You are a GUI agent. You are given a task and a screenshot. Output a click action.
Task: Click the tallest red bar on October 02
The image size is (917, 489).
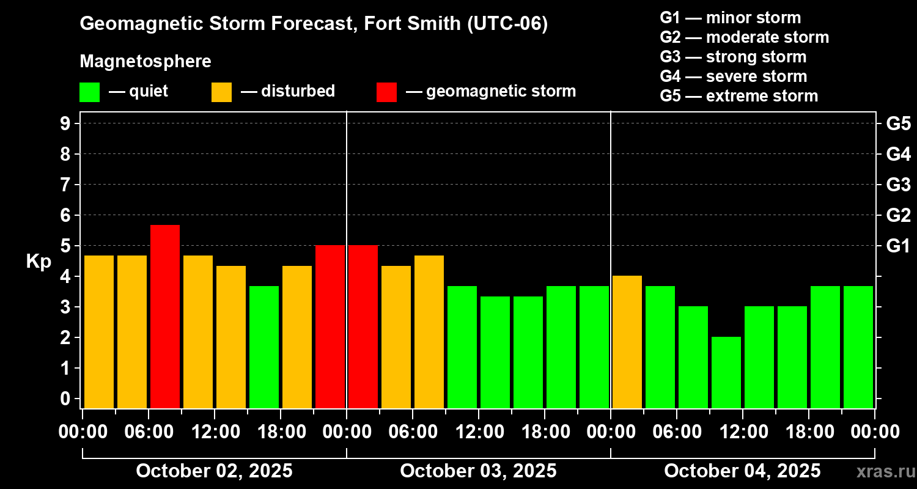165,317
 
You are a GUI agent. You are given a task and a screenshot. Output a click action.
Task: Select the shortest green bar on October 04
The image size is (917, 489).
726,372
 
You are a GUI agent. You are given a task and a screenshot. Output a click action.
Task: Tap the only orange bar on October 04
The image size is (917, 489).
627,342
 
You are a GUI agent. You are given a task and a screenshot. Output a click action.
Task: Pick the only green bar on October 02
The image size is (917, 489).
264,347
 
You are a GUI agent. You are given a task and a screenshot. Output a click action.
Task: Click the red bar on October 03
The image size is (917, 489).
363,326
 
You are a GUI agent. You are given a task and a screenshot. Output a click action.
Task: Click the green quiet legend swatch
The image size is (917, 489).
89,92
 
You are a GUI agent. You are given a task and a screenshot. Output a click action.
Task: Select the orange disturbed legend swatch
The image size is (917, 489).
221,92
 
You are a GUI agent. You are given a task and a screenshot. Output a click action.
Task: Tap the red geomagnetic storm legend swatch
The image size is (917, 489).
386,92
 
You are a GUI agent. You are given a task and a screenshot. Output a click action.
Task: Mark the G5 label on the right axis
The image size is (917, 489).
898,124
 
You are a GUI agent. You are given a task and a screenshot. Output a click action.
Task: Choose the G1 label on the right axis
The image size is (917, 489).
898,246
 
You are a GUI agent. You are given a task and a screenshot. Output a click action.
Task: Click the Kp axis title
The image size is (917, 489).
39,262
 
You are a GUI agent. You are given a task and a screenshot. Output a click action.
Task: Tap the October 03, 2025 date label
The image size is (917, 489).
478,471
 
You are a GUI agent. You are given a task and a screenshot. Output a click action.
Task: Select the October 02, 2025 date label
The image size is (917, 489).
214,471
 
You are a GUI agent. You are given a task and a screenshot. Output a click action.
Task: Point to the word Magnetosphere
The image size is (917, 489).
145,62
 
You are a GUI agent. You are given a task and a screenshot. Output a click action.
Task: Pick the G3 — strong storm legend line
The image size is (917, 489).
733,57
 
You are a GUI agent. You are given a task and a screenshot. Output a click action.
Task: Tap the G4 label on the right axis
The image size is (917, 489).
898,155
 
